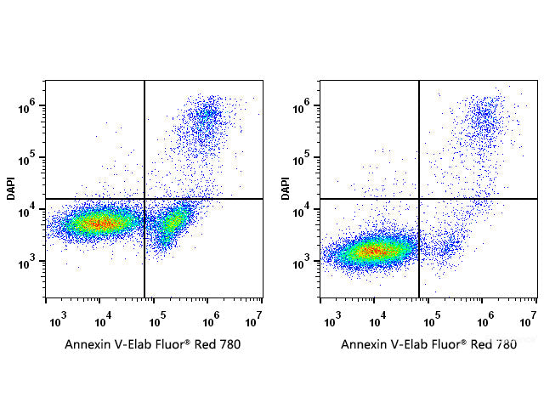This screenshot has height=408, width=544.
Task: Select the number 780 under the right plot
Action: coord(505,345)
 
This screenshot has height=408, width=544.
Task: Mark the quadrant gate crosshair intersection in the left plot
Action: coord(144,199)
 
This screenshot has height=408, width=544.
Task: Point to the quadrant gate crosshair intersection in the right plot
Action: coord(419,199)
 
